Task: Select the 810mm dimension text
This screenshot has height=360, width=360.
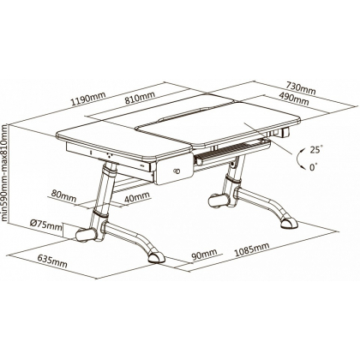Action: tap(140, 97)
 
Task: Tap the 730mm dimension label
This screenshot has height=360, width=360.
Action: tap(301, 87)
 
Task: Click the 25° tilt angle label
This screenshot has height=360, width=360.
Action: tap(315, 150)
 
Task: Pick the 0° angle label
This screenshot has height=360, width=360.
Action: tap(314, 167)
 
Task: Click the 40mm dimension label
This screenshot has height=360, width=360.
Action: tap(136, 197)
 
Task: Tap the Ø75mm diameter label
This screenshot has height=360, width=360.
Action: tap(45, 225)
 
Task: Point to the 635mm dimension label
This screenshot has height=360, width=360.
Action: tap(52, 261)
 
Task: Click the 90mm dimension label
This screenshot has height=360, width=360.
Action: tap(204, 255)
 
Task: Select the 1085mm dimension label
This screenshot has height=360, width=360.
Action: tap(252, 249)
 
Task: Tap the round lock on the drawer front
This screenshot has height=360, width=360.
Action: tap(176, 171)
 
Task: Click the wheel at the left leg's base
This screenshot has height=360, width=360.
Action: tap(86, 235)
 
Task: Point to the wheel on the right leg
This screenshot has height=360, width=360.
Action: tap(219, 201)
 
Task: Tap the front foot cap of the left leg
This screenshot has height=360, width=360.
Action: tap(156, 257)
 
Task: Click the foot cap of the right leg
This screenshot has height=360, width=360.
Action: tap(289, 223)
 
